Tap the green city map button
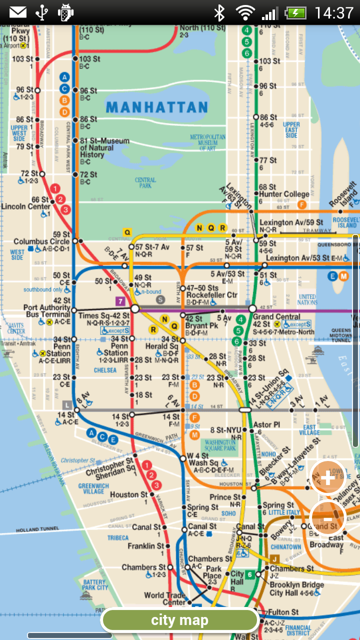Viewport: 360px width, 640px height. [x=180, y=620]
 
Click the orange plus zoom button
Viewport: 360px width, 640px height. [x=328, y=478]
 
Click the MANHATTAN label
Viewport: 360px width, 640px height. [x=156, y=107]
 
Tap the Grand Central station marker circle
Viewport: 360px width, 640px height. [x=252, y=308]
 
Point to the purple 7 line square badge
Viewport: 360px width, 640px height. [x=120, y=301]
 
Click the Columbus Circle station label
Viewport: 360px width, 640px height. [x=41, y=241]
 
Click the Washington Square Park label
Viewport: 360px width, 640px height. [x=220, y=445]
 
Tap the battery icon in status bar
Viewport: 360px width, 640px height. [x=296, y=12]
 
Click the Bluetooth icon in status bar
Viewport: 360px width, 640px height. [x=219, y=12]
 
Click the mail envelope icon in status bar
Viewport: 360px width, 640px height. [x=18, y=12]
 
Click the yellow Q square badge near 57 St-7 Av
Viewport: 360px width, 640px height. [x=127, y=232]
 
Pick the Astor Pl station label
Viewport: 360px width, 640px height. [x=266, y=425]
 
